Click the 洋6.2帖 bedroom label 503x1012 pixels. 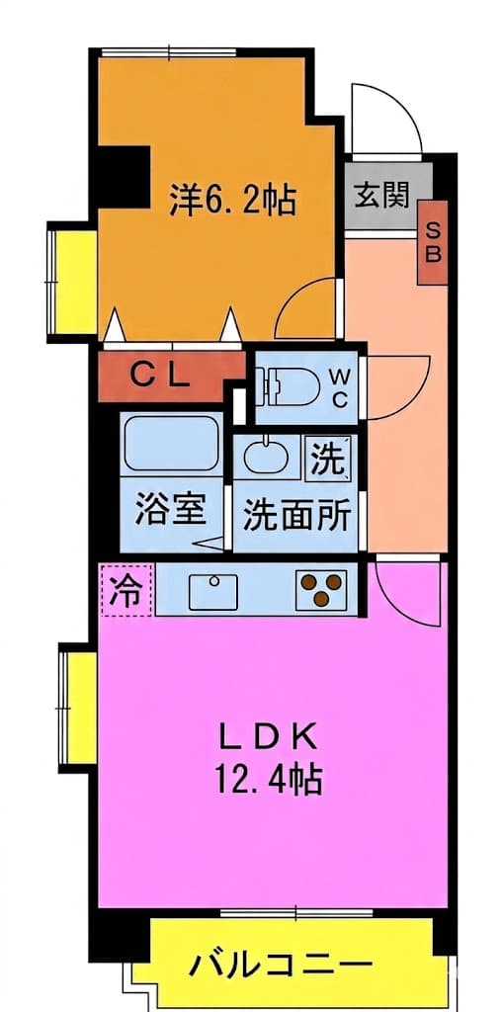[232, 200]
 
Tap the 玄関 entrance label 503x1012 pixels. [382, 195]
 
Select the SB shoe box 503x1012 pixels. [433, 243]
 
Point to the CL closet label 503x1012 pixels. [161, 376]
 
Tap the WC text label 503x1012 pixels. [340, 387]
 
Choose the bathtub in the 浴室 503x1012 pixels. [170, 443]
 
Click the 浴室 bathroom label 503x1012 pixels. [170, 511]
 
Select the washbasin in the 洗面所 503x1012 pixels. [266, 456]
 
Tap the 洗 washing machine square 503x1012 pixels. [330, 457]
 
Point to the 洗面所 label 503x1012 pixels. [296, 515]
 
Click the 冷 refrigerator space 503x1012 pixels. [126, 590]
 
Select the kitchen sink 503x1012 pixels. [213, 591]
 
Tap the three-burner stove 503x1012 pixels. [321, 589]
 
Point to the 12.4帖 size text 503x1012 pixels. [266, 780]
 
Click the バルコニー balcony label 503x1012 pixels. [281, 966]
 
